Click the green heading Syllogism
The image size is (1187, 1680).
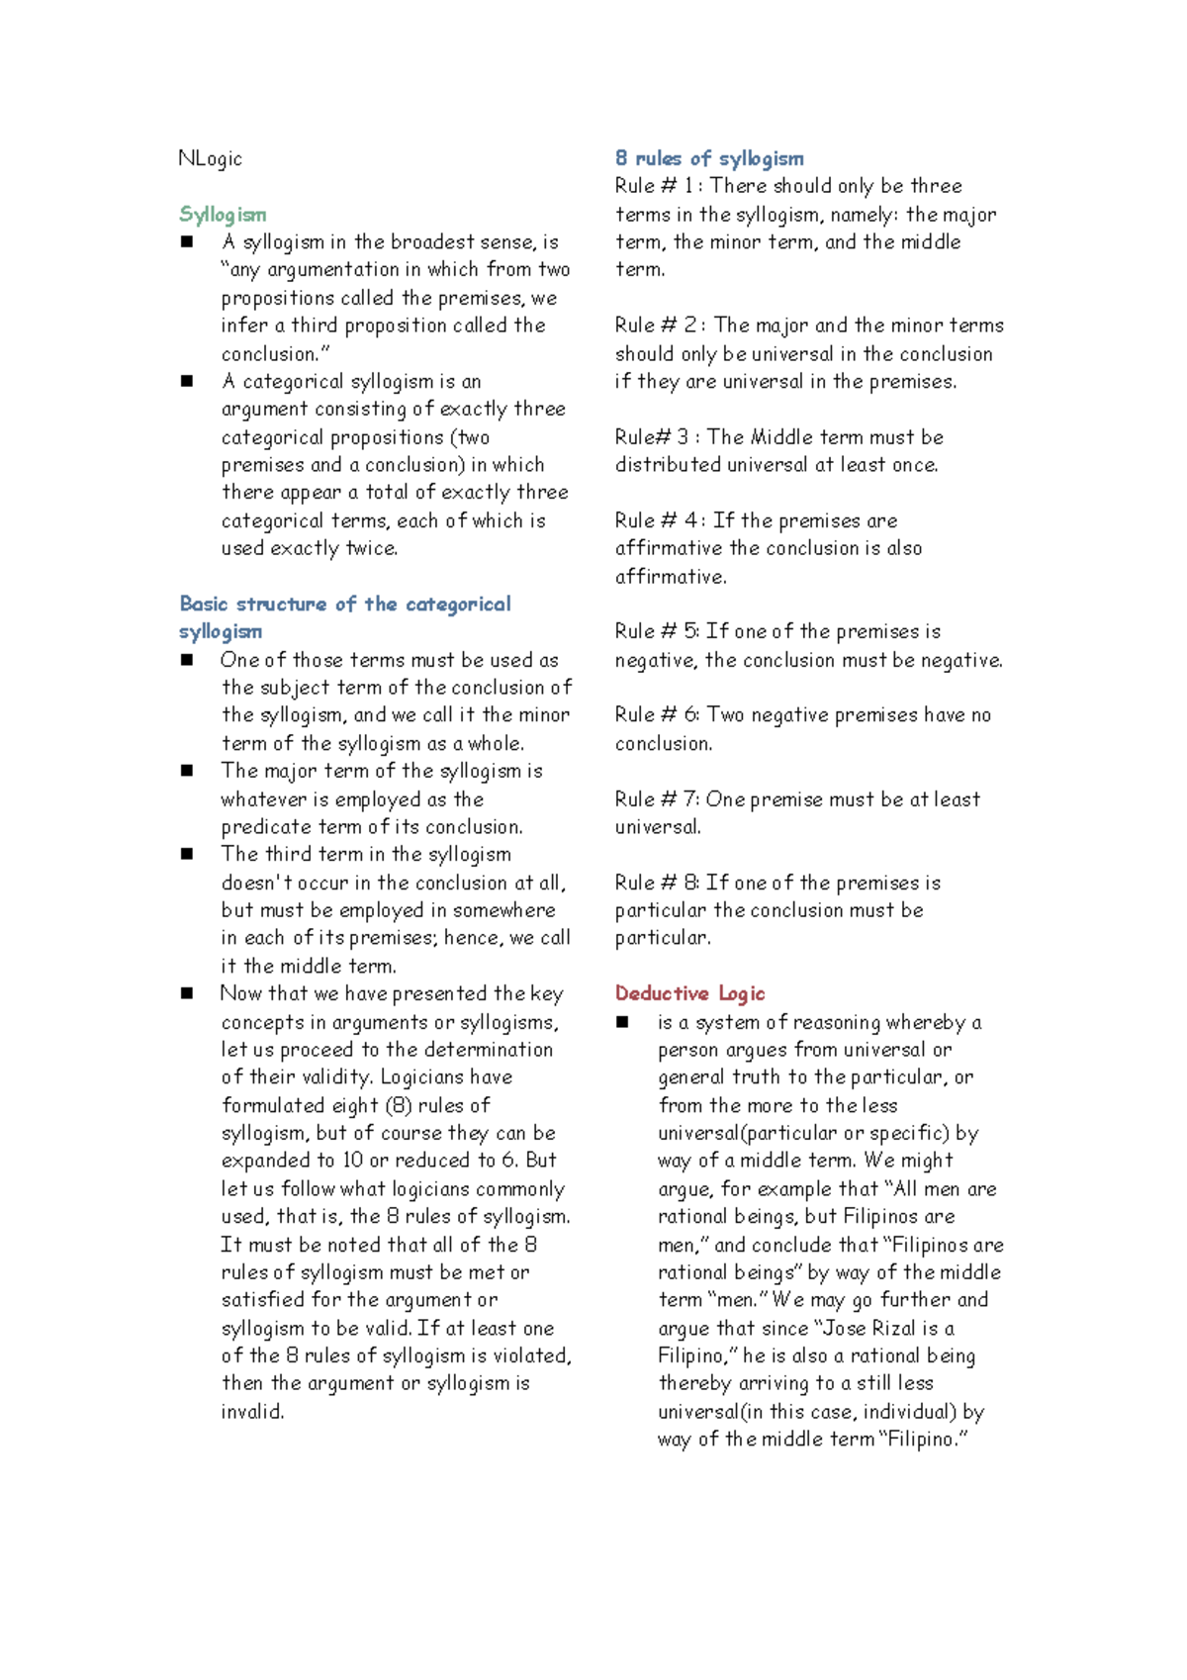click(x=223, y=215)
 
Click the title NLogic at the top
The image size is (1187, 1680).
click(x=210, y=158)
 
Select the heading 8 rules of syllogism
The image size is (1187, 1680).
click(x=708, y=158)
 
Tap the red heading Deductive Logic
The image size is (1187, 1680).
click(x=689, y=993)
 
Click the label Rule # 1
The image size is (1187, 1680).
click(x=656, y=186)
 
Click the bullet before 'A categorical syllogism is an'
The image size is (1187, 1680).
click(x=187, y=381)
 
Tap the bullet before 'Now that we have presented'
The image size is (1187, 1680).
click(x=187, y=993)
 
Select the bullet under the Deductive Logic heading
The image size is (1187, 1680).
click(x=622, y=1022)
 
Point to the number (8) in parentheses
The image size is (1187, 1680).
click(x=398, y=1105)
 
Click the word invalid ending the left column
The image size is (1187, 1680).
click(x=252, y=1412)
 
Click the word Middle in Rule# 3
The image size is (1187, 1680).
click(x=780, y=437)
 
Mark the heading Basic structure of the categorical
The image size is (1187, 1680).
click(x=345, y=604)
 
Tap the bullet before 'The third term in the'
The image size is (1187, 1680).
click(x=187, y=854)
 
